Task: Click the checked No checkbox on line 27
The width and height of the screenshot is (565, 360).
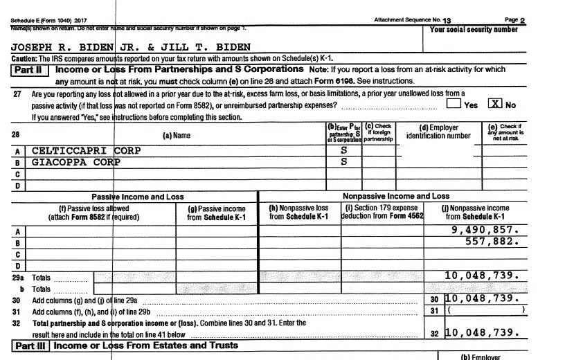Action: click(x=495, y=105)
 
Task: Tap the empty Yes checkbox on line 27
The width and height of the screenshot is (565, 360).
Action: click(x=454, y=105)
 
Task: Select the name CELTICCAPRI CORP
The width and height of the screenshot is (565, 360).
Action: click(x=86, y=150)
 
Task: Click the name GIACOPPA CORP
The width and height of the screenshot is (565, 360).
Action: click(x=75, y=162)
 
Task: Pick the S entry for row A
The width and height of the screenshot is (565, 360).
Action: click(x=343, y=150)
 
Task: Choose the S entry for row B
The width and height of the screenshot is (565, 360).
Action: click(x=343, y=162)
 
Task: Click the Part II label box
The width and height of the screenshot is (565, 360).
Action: click(x=31, y=70)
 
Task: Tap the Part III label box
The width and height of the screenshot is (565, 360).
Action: click(x=31, y=345)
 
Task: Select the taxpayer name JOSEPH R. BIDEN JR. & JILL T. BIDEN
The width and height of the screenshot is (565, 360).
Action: click(x=131, y=47)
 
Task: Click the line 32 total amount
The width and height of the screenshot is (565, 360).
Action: click(x=481, y=332)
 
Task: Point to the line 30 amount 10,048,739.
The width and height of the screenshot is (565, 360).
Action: click(x=481, y=298)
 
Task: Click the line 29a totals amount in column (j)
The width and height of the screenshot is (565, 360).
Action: click(x=481, y=276)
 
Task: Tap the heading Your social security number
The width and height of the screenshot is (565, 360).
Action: click(x=474, y=30)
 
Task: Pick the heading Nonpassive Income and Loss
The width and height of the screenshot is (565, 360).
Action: click(x=395, y=196)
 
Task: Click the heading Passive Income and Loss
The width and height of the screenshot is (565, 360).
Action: click(x=138, y=197)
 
